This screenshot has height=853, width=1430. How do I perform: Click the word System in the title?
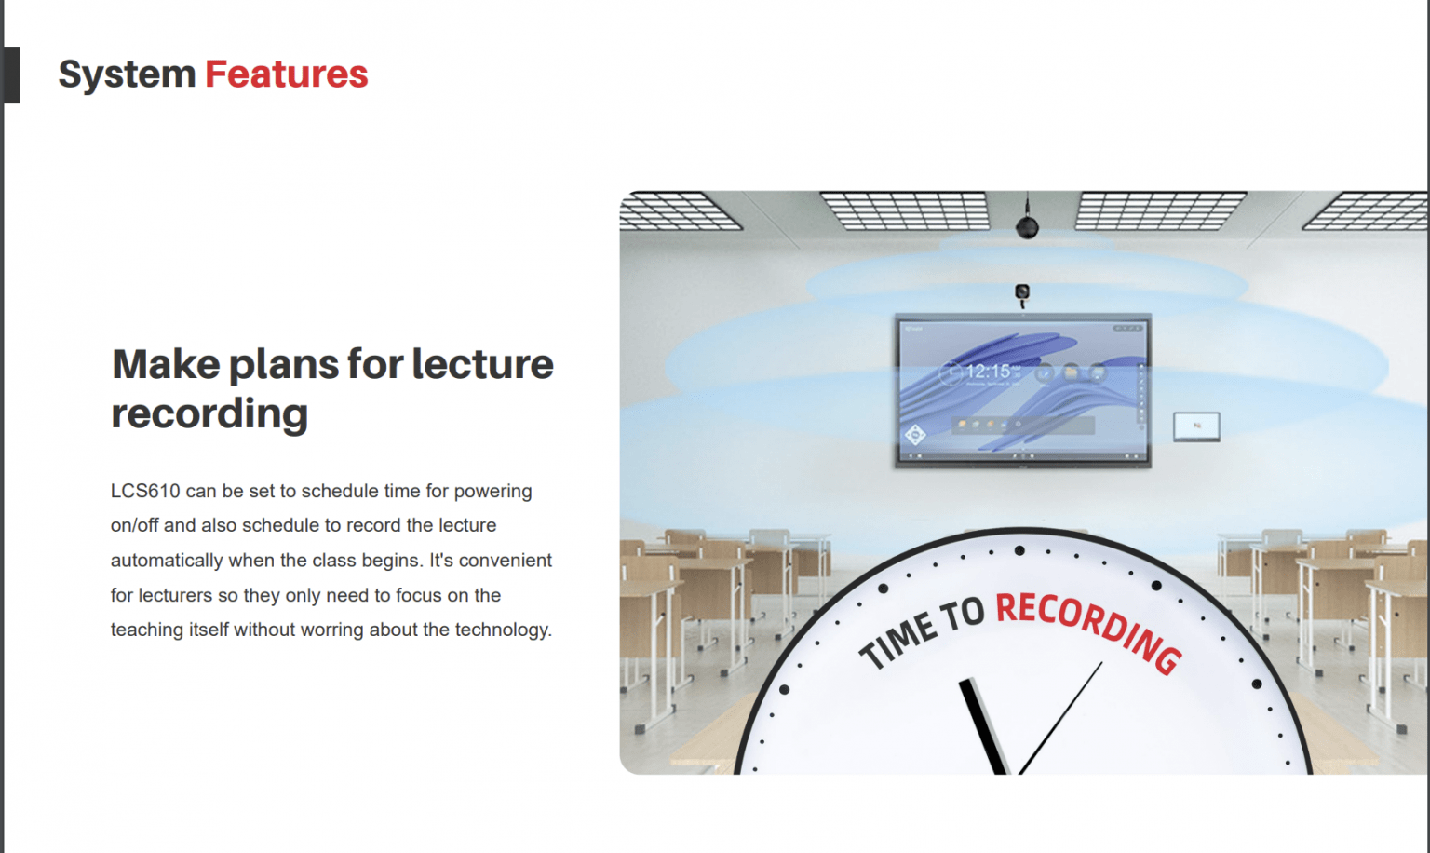[x=127, y=74]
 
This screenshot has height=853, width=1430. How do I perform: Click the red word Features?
[x=286, y=74]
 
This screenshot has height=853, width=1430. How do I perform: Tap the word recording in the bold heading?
[x=209, y=413]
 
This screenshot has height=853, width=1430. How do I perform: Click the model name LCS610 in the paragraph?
[x=144, y=491]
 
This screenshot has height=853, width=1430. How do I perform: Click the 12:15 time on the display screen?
[x=987, y=372]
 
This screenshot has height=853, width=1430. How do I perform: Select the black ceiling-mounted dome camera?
[x=1027, y=226]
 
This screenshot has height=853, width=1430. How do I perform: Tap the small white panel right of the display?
[x=1196, y=426]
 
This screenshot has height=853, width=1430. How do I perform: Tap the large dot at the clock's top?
[x=1019, y=551]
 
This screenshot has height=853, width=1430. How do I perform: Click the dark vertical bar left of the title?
[x=11, y=74]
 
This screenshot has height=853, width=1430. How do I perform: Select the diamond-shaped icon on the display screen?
[x=915, y=434]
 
